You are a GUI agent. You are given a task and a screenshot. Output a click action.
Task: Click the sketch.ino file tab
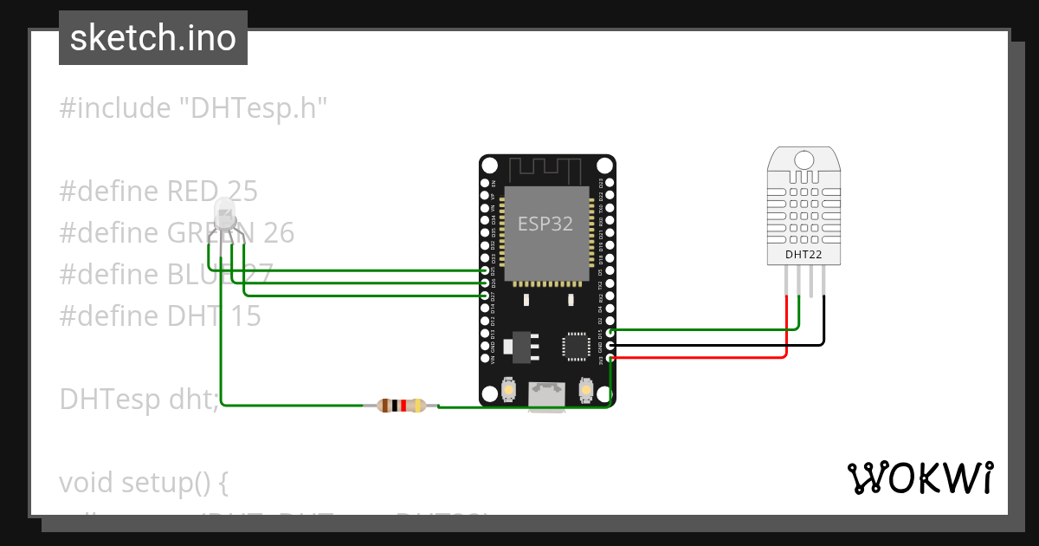pos(152,38)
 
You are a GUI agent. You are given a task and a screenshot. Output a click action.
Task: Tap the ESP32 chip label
pos(545,224)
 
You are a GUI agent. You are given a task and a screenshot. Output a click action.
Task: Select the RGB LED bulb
pos(223,213)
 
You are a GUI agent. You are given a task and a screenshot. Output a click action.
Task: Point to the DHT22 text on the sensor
pos(803,255)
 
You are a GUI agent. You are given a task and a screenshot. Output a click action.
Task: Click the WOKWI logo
pos(920,478)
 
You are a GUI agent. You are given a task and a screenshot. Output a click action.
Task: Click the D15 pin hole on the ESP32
pos(611,332)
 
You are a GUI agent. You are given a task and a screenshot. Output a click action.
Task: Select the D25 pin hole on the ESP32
pos(485,271)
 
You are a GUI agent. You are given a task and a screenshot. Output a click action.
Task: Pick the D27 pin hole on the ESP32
pos(485,296)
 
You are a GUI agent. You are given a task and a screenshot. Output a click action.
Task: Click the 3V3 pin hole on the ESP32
pos(611,357)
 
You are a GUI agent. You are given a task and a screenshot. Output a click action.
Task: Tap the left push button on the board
pos(508,392)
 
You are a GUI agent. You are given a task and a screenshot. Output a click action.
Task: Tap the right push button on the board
pos(586,392)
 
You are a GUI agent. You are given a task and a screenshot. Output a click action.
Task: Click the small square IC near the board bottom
pos(576,345)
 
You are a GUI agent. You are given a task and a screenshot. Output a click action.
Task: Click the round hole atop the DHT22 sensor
pos(803,159)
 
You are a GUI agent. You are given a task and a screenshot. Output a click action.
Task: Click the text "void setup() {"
pos(144,482)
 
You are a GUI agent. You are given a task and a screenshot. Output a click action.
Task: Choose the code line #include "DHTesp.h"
pos(194,108)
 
